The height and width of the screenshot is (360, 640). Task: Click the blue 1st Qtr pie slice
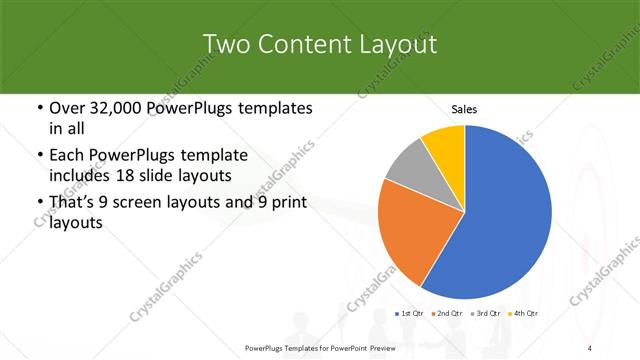[x=500, y=220]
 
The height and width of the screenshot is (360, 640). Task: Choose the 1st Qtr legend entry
[x=410, y=314]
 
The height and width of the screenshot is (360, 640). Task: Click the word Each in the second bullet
[x=68, y=156]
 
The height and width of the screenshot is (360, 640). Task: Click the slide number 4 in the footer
[x=591, y=348]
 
